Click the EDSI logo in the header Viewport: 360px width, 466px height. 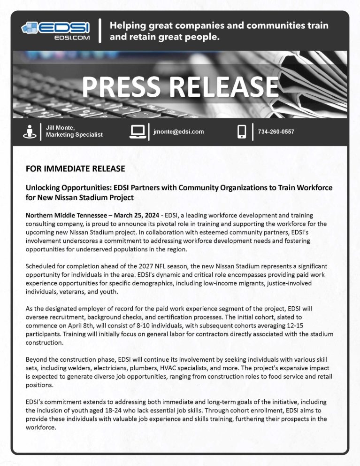tap(56, 30)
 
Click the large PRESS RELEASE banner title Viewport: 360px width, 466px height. tap(180, 86)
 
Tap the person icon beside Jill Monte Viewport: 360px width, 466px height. tap(30, 132)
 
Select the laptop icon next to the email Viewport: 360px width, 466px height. tap(137, 132)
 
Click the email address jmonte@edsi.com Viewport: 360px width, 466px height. tap(178, 132)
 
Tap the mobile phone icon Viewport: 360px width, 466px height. tap(242, 132)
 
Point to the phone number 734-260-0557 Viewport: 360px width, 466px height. tap(276, 132)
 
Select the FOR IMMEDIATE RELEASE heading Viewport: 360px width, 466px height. tap(75, 168)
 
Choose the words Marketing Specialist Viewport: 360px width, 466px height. tap(74, 135)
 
